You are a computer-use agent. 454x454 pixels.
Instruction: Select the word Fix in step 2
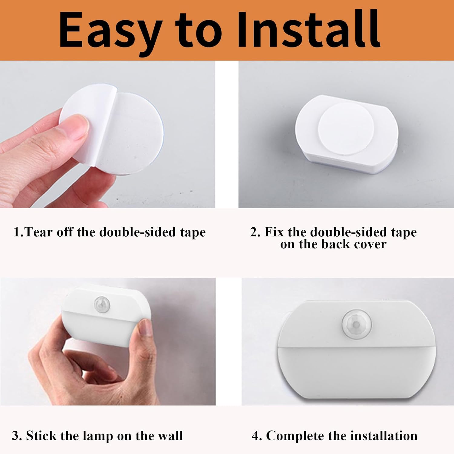point(274,232)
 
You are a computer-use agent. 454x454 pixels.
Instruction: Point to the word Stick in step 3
point(41,436)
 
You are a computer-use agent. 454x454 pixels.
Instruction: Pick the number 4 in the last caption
point(256,436)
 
